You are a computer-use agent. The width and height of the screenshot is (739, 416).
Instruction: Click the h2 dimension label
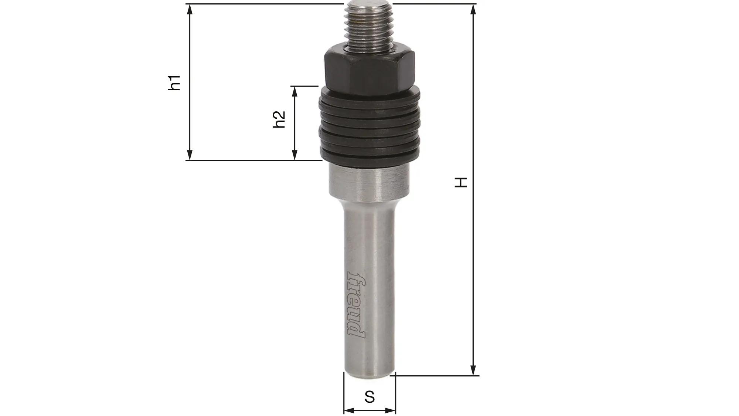coord(279,119)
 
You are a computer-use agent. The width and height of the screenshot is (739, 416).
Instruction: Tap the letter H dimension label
coord(461,182)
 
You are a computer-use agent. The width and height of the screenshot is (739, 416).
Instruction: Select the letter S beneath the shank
coord(369,397)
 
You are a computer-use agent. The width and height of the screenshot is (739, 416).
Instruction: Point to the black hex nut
coord(369,70)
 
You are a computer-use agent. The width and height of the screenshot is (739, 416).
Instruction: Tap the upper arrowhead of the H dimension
coord(473,9)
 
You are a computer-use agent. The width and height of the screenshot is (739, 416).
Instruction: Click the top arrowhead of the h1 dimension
coord(190,9)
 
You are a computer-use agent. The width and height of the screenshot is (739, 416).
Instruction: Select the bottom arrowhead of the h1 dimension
coord(190,155)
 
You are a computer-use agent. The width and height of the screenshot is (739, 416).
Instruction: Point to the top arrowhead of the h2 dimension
coord(294,91)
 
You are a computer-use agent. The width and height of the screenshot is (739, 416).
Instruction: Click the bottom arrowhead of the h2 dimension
coord(294,155)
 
